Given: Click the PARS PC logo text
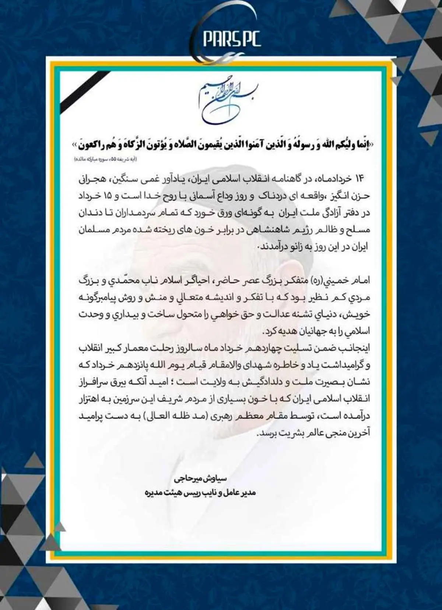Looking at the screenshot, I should tap(231, 39).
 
